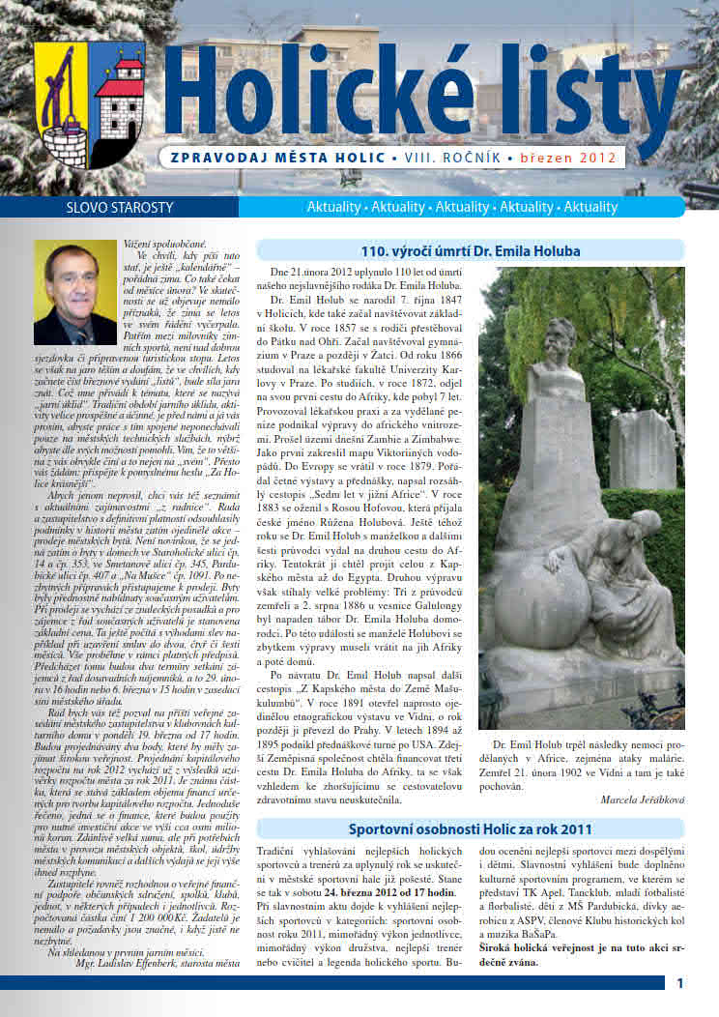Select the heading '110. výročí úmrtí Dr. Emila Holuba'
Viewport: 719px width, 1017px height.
470,251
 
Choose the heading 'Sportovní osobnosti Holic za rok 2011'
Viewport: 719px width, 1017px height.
471,828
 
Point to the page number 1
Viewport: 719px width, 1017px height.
680,984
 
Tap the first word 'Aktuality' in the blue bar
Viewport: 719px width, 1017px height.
332,207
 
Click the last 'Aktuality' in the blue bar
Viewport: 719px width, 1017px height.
590,207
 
